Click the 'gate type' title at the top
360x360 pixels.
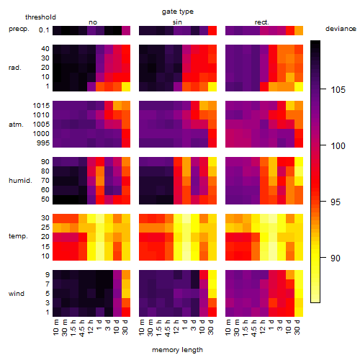(178, 12)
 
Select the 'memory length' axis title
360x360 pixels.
(177, 350)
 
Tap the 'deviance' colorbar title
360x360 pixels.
(341, 29)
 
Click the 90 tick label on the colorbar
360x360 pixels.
(336, 258)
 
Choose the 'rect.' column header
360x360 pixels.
(261, 22)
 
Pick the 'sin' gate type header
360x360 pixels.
(177, 22)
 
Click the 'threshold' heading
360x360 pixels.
(40, 17)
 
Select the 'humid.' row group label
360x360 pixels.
(20, 181)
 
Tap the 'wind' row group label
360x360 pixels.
(17, 294)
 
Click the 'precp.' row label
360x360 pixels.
(19, 29)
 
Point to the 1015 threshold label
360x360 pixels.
(41, 106)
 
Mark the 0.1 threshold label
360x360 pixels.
(44, 30)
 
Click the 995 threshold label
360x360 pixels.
(43, 143)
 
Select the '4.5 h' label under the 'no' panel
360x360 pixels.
(82, 327)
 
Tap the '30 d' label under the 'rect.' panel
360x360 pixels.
(297, 327)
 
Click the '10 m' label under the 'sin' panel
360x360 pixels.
(143, 327)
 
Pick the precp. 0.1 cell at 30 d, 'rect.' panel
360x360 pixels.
(299, 30)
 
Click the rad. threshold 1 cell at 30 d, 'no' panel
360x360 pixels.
(126, 86)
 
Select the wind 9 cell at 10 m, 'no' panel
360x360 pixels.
(57, 274)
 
